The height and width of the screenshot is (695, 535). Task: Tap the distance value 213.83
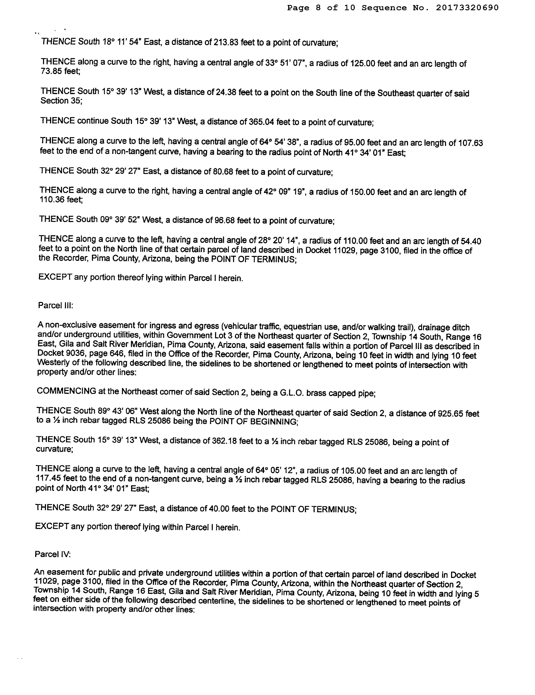tap(226, 43)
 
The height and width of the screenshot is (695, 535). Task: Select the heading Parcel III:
tap(56, 305)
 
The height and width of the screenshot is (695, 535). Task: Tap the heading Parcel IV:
tap(52, 554)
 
